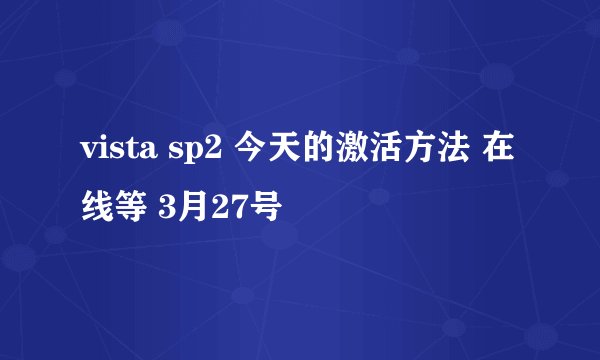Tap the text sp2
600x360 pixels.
coord(199,152)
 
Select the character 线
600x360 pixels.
coord(97,209)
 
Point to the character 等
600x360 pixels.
coord(131,209)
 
